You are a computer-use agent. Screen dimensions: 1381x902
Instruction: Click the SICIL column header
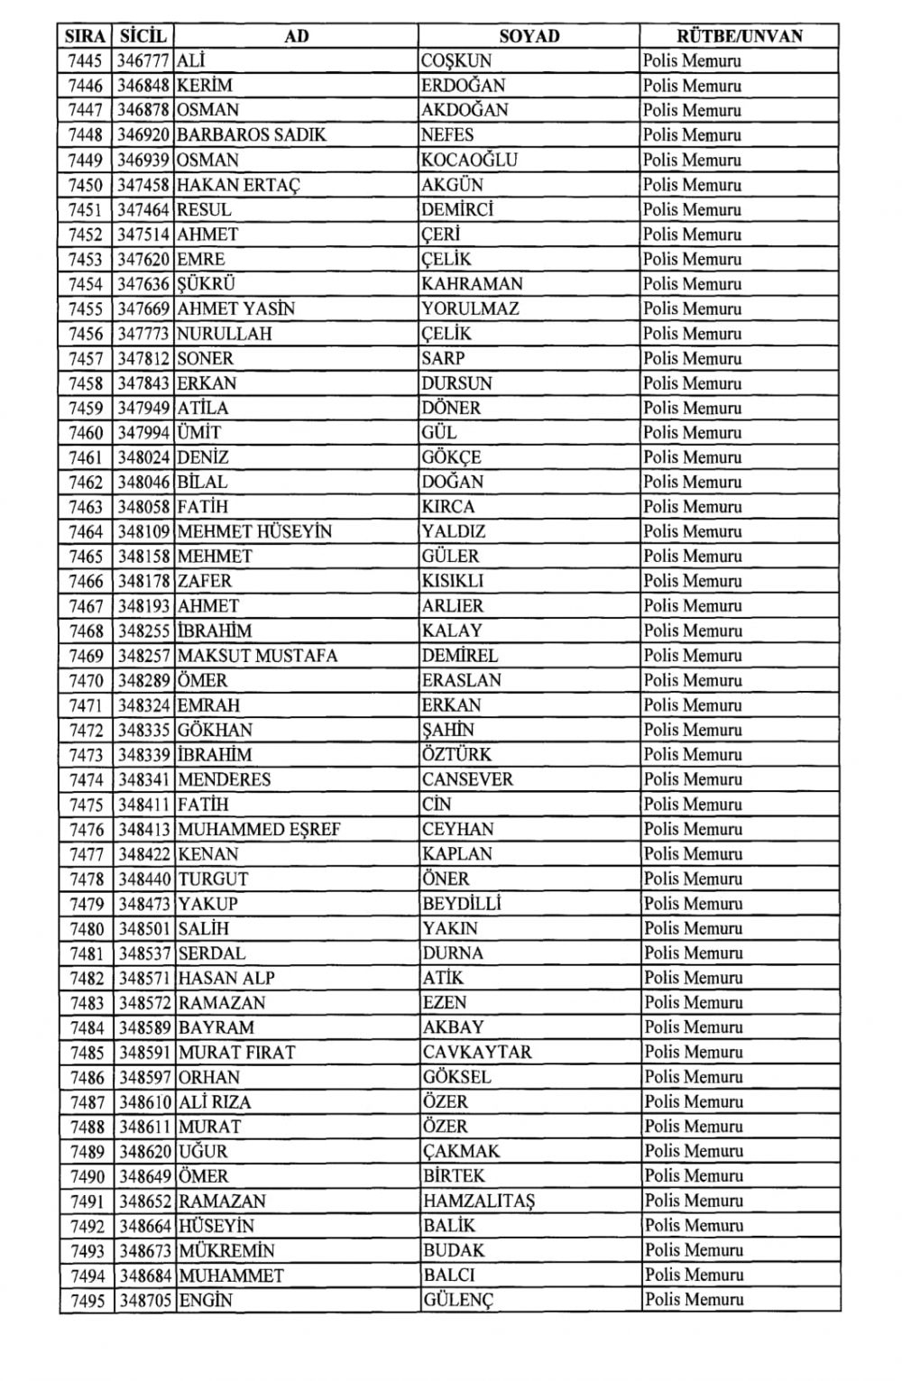(x=143, y=36)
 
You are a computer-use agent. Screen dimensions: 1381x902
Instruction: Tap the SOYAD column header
(x=529, y=36)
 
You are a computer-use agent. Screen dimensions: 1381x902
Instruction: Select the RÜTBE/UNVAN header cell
(x=740, y=36)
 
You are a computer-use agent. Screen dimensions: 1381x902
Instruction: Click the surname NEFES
(x=447, y=135)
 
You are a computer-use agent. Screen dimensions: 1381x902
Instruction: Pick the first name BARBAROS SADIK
(x=252, y=135)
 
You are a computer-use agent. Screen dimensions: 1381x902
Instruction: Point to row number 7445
(x=86, y=61)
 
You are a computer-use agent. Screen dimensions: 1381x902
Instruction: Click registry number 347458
(x=143, y=185)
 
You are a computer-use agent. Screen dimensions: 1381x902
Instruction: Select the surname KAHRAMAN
(x=472, y=284)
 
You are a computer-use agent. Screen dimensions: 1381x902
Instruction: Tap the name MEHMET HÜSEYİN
(x=254, y=531)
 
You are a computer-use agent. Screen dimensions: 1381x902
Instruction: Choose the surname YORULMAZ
(x=470, y=308)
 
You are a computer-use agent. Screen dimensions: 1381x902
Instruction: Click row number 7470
(x=86, y=680)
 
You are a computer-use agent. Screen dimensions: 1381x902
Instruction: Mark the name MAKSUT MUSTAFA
(x=257, y=656)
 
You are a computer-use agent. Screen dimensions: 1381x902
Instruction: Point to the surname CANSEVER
(x=467, y=779)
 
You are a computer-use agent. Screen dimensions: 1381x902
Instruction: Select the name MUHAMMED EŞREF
(x=259, y=829)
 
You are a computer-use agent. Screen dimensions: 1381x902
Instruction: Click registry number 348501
(x=144, y=928)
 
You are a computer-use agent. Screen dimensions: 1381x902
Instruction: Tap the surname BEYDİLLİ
(x=461, y=904)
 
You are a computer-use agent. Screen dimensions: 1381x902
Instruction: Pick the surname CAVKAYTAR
(x=477, y=1052)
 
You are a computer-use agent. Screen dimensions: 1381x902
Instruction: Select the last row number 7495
(x=87, y=1301)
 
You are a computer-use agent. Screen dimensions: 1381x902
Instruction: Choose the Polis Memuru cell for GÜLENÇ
(x=694, y=1301)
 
